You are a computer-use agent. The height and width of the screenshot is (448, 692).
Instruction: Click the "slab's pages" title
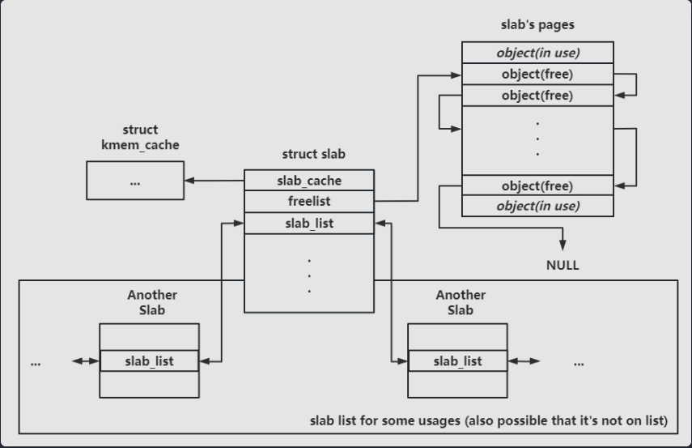click(537, 25)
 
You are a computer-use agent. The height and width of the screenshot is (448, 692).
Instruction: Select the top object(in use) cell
click(537, 53)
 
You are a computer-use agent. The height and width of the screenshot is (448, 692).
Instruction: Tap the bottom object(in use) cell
click(537, 206)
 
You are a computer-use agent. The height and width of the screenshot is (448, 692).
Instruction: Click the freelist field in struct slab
click(309, 202)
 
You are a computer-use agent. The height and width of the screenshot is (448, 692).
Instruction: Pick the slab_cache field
click(309, 181)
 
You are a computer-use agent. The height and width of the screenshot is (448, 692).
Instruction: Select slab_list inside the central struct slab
click(309, 224)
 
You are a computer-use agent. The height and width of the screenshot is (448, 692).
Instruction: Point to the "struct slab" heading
click(314, 154)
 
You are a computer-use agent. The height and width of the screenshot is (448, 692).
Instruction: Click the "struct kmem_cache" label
click(140, 138)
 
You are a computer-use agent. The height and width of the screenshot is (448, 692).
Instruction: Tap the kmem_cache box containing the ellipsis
click(135, 181)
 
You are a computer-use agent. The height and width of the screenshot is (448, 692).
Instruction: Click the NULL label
click(563, 265)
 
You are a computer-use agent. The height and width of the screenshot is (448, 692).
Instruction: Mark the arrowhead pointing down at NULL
click(563, 245)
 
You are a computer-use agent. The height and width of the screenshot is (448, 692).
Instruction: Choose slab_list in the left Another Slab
click(149, 361)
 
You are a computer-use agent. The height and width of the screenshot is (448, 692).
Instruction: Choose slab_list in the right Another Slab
click(457, 361)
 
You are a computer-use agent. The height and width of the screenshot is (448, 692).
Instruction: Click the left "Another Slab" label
click(152, 302)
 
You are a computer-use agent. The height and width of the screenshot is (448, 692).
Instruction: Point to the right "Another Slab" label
click(461, 302)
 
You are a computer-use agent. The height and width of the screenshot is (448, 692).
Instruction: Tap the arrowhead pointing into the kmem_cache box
click(189, 181)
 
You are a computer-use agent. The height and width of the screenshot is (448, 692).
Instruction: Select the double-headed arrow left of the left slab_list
click(86, 361)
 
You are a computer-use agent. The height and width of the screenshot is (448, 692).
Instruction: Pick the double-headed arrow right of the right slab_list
click(524, 361)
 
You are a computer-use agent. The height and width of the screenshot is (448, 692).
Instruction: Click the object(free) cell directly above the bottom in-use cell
click(537, 186)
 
